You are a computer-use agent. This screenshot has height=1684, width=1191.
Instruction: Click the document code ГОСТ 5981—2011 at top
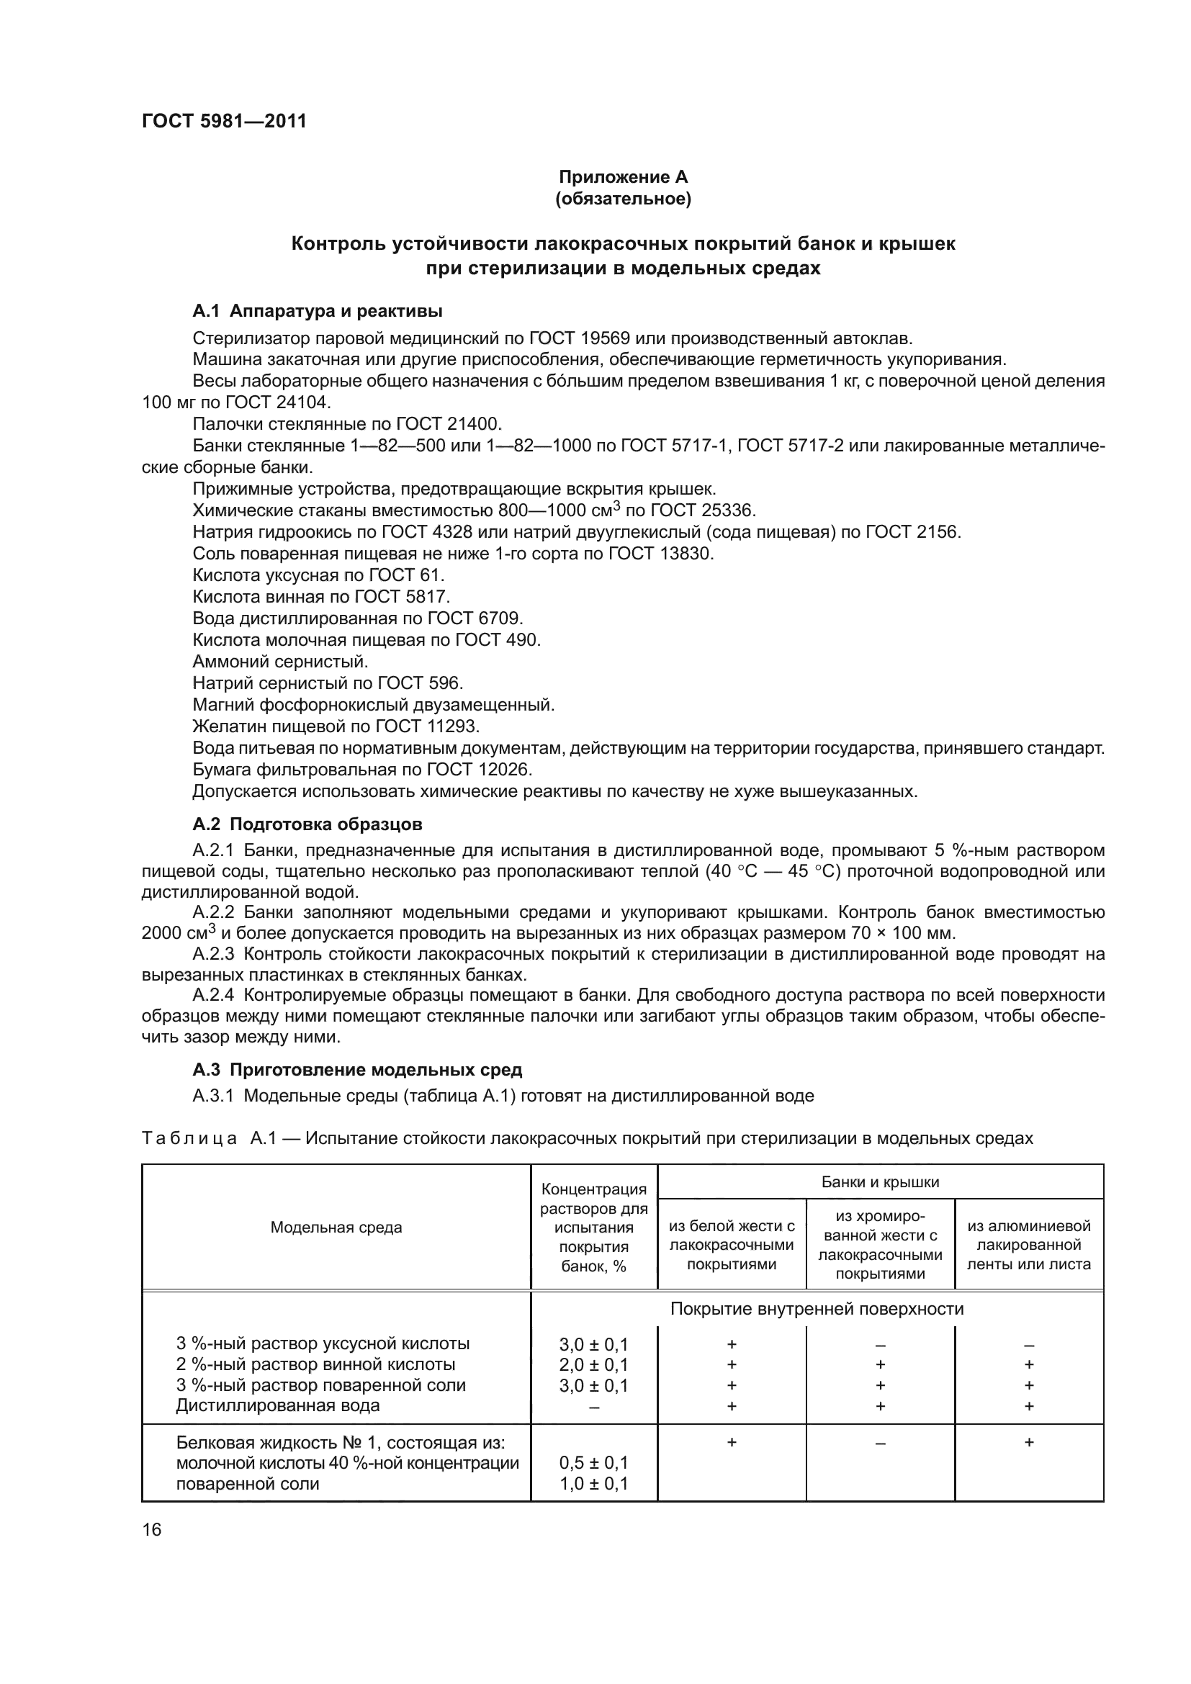coord(224,121)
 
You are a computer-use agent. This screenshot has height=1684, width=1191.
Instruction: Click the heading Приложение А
coord(623,177)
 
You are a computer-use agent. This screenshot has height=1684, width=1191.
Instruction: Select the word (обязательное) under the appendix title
coord(623,199)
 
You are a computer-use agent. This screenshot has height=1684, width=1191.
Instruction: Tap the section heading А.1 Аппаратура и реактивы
coord(317,311)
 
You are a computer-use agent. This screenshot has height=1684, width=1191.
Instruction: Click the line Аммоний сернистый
coord(280,662)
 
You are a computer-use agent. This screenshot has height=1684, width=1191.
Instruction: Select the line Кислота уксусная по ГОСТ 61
coord(318,575)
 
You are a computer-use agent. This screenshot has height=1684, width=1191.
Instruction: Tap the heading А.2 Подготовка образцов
coord(307,824)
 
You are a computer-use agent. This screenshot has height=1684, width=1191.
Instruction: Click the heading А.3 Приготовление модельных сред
coord(357,1069)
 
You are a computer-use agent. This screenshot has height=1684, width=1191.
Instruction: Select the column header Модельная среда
coord(336,1228)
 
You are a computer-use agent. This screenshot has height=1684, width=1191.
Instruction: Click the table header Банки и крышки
coord(880,1182)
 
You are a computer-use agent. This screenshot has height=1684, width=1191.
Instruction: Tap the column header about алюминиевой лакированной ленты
coord(1028,1245)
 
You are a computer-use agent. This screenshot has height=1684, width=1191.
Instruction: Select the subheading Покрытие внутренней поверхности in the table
coord(817,1309)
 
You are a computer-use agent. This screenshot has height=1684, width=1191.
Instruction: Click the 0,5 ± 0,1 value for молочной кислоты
coord(593,1463)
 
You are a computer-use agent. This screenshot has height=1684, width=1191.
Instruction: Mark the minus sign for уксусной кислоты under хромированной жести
coord(880,1345)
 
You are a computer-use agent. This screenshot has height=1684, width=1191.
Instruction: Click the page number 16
coord(152,1530)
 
